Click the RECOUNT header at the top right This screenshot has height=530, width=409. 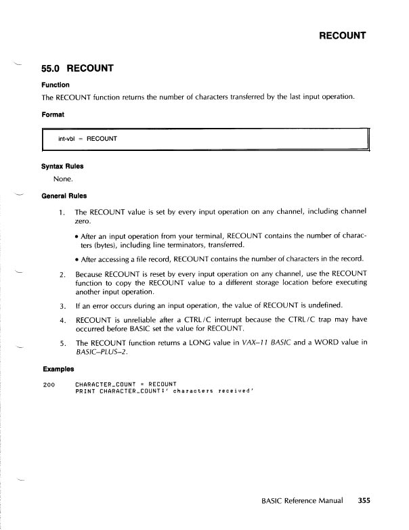(343, 35)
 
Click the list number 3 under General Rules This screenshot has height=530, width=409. (61, 305)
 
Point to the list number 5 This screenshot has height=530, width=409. (61, 343)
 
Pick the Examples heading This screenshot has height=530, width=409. (58, 371)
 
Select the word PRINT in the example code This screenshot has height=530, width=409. (85, 392)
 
